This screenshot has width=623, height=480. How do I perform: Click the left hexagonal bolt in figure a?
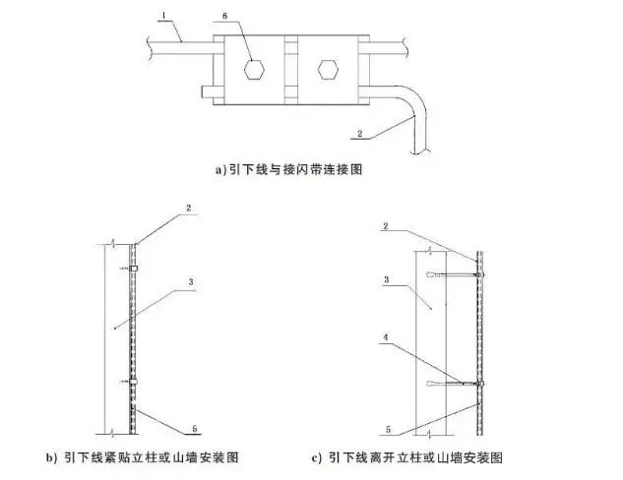(x=254, y=70)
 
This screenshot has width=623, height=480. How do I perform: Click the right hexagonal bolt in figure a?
(x=328, y=70)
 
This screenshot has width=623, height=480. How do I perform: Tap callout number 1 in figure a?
(x=164, y=15)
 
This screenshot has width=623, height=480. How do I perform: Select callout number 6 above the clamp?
(x=225, y=17)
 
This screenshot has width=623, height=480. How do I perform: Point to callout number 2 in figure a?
(x=360, y=134)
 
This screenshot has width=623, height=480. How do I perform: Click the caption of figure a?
(x=288, y=169)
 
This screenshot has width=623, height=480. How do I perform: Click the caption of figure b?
(x=143, y=457)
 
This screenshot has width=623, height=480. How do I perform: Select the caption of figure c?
(x=407, y=457)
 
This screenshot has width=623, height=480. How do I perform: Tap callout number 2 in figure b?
(x=189, y=208)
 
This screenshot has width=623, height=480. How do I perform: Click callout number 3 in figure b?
(x=191, y=282)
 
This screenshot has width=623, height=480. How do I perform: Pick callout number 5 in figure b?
(x=194, y=429)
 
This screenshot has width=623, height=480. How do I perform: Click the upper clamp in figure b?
(x=134, y=269)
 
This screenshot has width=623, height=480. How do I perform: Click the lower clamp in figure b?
(x=134, y=382)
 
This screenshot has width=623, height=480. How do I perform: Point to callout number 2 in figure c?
(x=385, y=226)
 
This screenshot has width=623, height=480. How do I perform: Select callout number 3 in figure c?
(x=386, y=280)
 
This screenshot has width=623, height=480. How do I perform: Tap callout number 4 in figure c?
(x=386, y=337)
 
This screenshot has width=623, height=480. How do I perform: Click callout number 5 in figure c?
(x=388, y=429)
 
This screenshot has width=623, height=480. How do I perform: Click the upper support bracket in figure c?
(x=456, y=274)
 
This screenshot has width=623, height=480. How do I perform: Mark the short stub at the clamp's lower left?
(x=208, y=92)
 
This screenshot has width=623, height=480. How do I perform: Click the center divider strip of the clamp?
(x=291, y=70)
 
